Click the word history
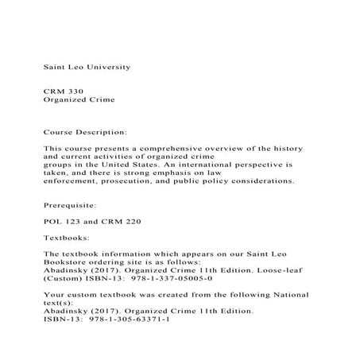tap(291, 148)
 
